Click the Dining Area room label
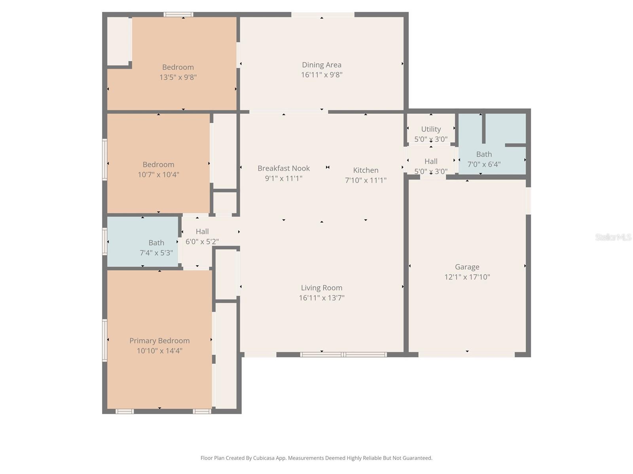point(321,65)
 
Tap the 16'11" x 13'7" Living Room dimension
point(321,298)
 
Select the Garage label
point(467,267)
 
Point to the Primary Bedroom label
point(159,340)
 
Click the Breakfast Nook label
point(283,168)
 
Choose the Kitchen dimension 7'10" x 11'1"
point(366,180)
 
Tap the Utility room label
point(431,129)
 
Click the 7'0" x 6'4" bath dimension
point(484,164)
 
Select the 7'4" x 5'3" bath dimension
point(156,253)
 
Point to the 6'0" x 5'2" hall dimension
point(202,241)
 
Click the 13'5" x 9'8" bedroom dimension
point(178,77)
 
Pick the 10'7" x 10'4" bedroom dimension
point(158,174)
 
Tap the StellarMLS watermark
point(613,237)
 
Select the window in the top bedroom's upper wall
point(178,15)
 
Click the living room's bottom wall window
point(343,355)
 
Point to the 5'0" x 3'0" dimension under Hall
point(431,171)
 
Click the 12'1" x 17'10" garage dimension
point(467,277)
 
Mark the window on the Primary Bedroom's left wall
point(105,340)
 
